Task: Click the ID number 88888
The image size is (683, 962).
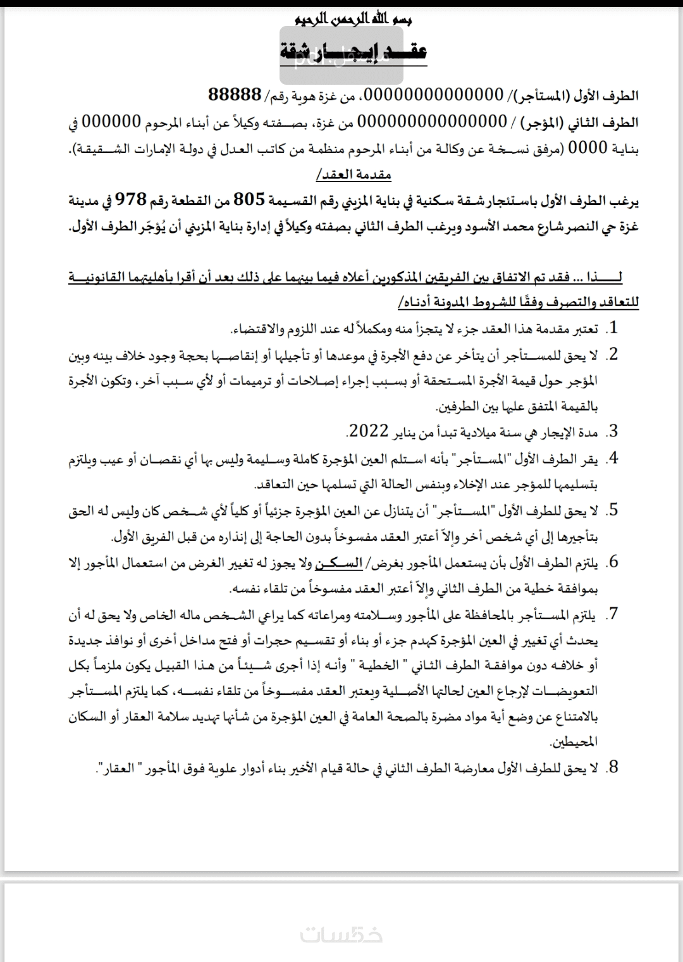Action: tap(235, 95)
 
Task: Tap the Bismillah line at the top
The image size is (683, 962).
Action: tap(354, 20)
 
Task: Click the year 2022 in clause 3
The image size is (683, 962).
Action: tap(368, 432)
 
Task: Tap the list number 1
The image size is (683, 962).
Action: tap(612, 328)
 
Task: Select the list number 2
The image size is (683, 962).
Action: tap(612, 354)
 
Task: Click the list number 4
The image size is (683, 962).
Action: tap(612, 459)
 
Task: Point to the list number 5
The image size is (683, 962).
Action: tap(612, 510)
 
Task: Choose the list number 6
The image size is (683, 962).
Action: tap(612, 562)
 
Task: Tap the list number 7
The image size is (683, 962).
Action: tap(612, 614)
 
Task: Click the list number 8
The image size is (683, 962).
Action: tap(612, 768)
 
